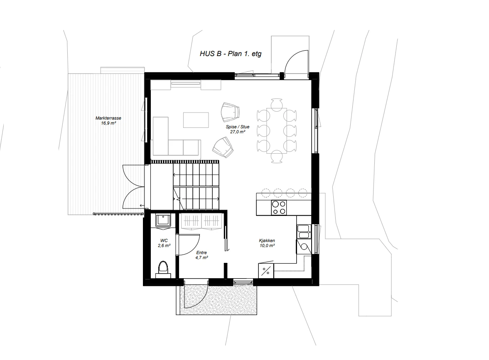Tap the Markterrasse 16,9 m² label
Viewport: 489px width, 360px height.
pyautogui.click(x=108, y=120)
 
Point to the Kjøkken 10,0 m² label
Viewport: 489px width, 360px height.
pyautogui.click(x=267, y=243)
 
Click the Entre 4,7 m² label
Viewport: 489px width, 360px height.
pyautogui.click(x=201, y=255)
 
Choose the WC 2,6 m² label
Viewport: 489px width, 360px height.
pyautogui.click(x=164, y=243)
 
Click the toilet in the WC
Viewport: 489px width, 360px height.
pyautogui.click(x=163, y=269)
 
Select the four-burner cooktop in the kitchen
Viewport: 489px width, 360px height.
pyautogui.click(x=278, y=207)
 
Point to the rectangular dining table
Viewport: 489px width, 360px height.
pyautogui.click(x=277, y=130)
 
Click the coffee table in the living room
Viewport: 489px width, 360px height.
pyautogui.click(x=196, y=120)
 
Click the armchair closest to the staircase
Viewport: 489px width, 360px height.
pyautogui.click(x=223, y=147)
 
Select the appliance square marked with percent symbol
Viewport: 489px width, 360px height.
pyautogui.click(x=266, y=271)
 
